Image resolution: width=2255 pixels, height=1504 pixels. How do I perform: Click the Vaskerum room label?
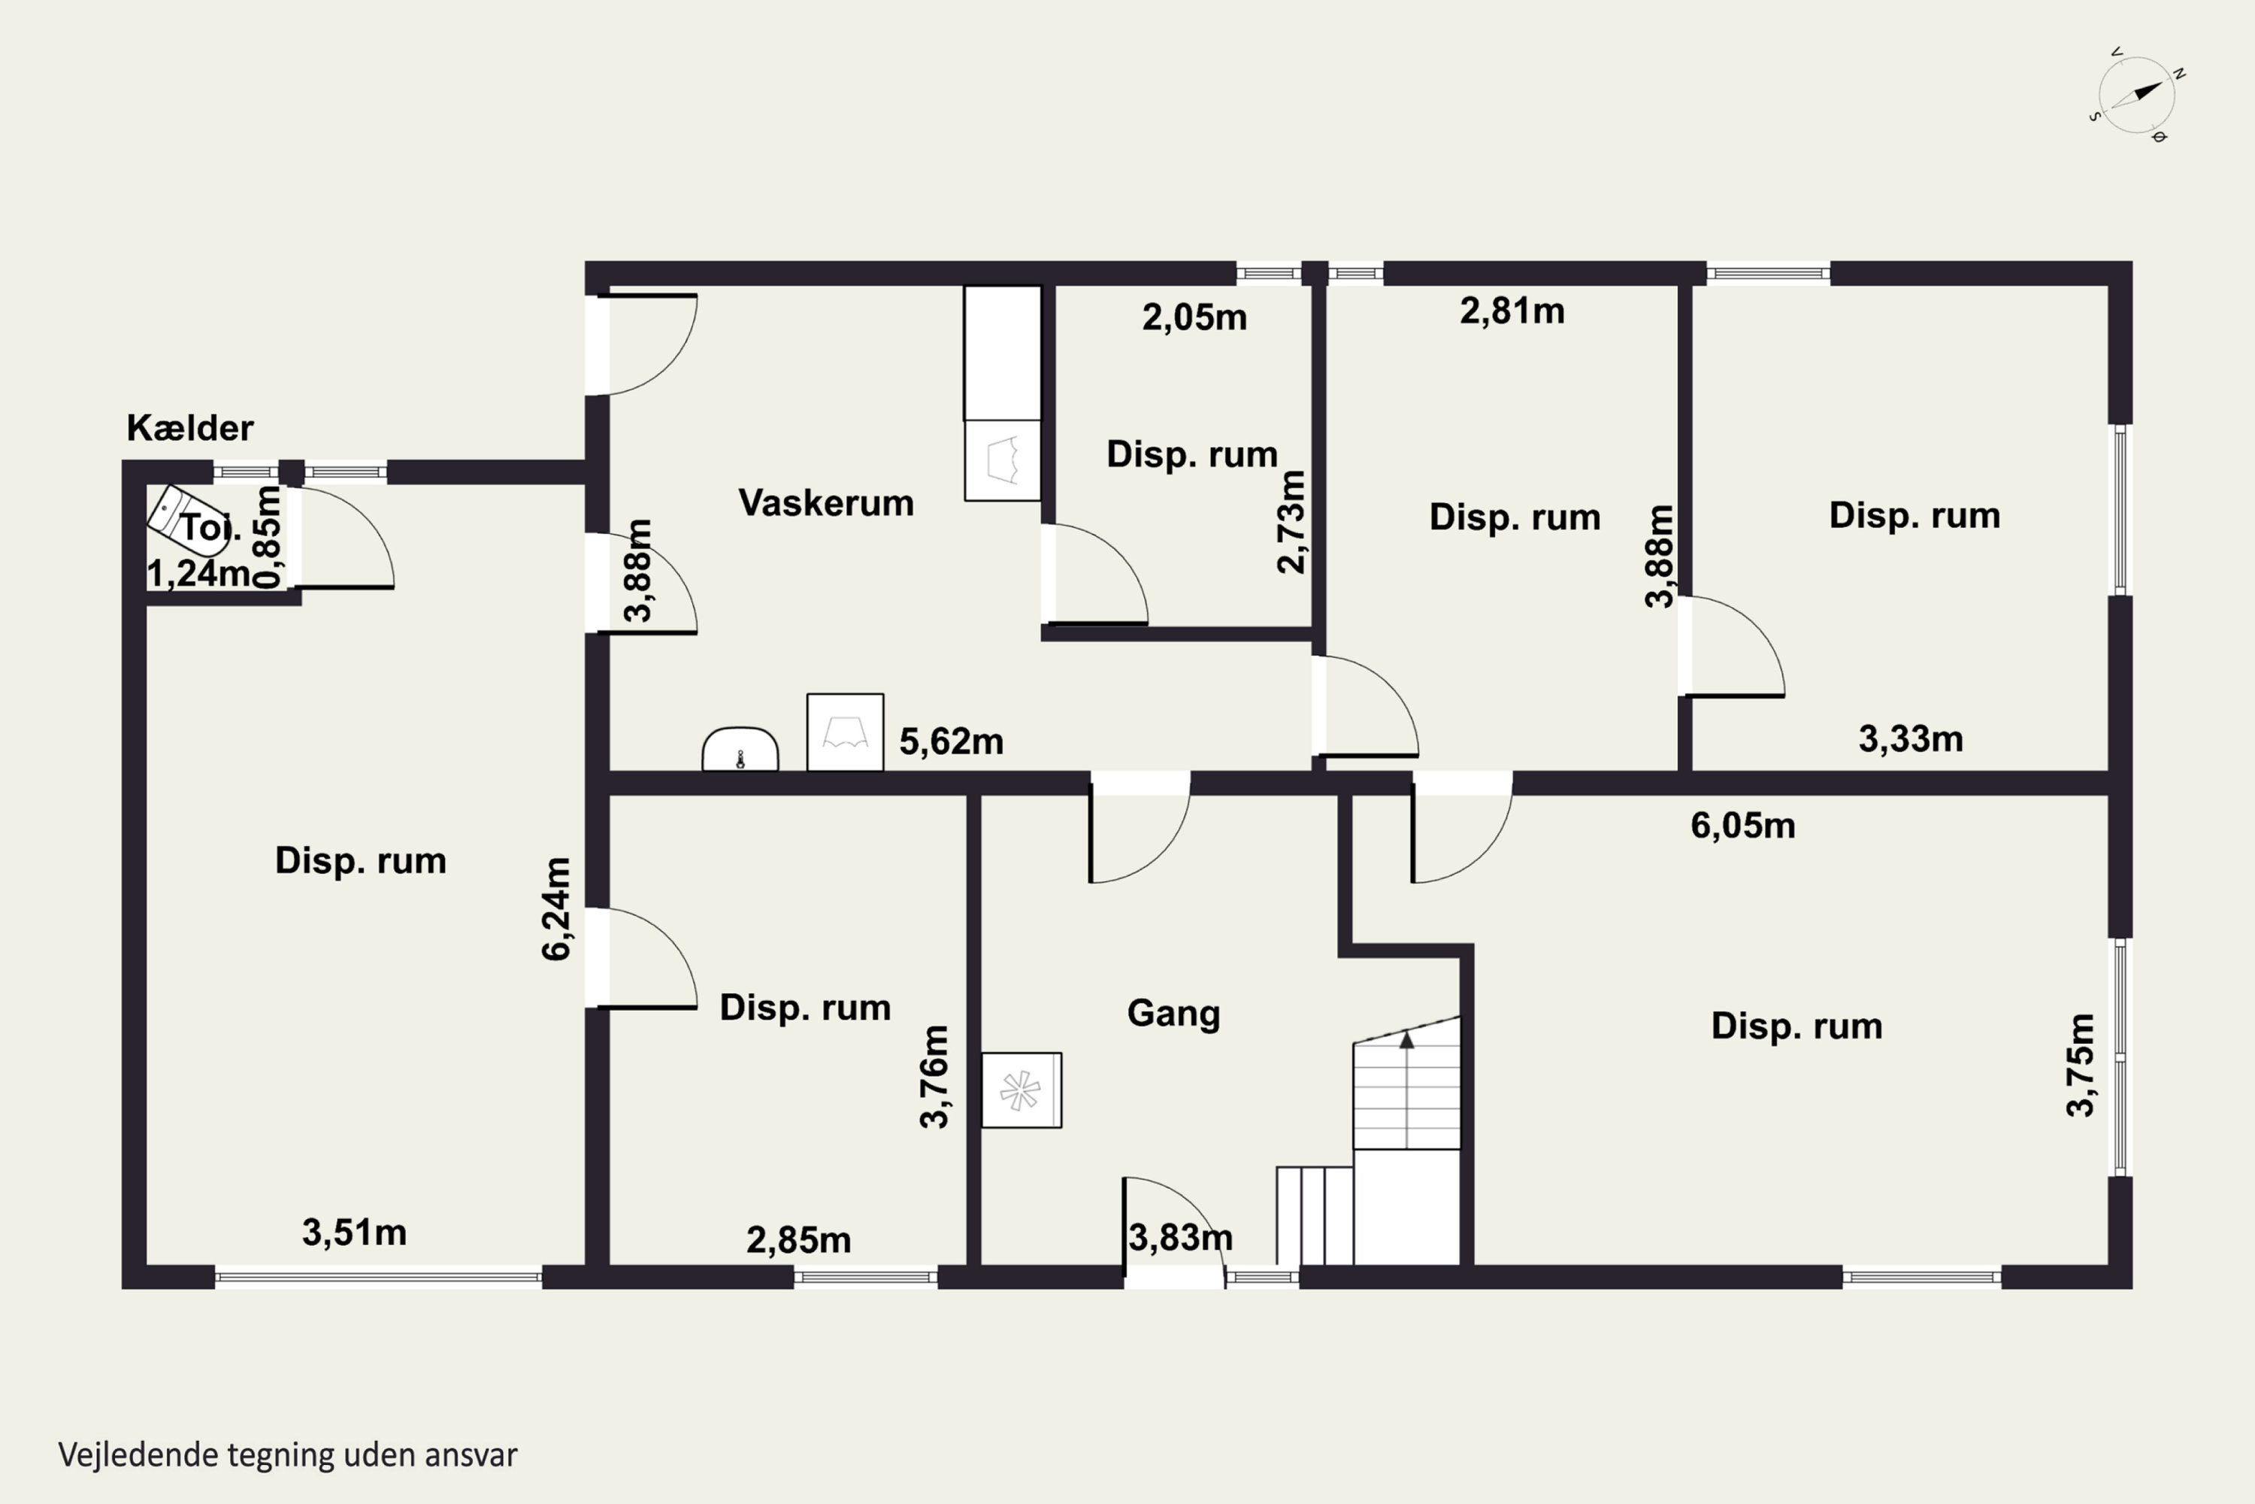825,502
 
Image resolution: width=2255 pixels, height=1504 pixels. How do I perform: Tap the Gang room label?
1173,1013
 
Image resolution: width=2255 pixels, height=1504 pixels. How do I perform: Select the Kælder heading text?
190,428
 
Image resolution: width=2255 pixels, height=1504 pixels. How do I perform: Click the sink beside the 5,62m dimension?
740,749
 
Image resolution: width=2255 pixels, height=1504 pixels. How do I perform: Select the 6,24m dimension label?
557,908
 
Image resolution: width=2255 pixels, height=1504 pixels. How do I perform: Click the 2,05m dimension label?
1194,317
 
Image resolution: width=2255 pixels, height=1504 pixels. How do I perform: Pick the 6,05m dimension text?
1743,825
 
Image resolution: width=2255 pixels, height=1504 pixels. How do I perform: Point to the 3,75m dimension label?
2081,1065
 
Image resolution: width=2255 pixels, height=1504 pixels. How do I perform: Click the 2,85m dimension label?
798,1240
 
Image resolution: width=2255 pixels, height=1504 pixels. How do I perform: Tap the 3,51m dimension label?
355,1233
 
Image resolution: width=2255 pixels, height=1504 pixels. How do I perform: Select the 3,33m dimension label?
1911,738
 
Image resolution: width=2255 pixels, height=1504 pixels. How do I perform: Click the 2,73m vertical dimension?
1291,522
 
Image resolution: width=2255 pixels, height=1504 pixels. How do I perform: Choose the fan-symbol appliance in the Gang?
1021,1090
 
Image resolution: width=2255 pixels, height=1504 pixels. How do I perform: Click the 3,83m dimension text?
1180,1237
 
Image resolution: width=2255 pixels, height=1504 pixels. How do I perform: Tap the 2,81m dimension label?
1512,311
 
